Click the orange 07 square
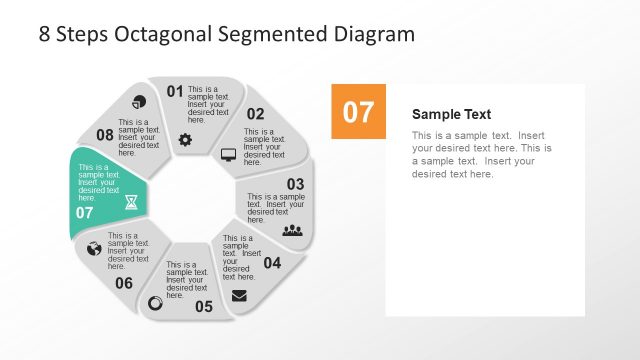click(358, 111)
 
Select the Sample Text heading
click(451, 114)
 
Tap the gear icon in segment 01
click(185, 139)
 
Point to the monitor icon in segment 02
click(228, 155)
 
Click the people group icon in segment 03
click(292, 230)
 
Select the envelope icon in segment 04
click(239, 295)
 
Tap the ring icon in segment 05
click(155, 303)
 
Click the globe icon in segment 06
click(94, 248)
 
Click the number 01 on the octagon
click(175, 92)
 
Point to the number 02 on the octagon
click(256, 114)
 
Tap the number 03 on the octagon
click(295, 184)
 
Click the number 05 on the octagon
click(204, 306)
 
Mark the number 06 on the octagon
click(123, 283)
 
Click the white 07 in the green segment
click(84, 212)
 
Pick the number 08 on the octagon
click(105, 135)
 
